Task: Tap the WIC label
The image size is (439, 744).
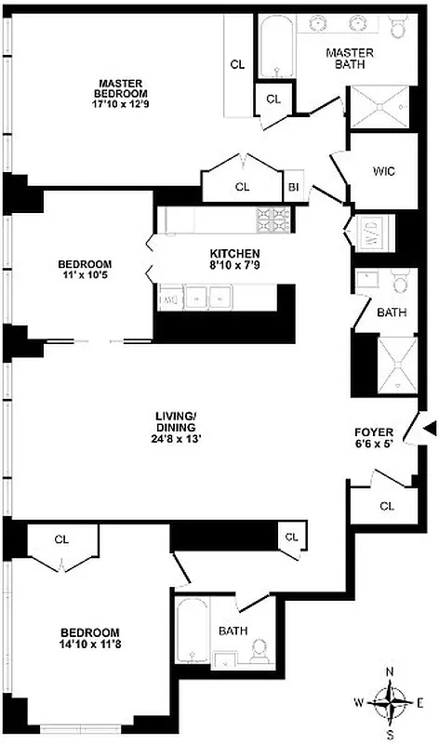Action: pyautogui.click(x=384, y=172)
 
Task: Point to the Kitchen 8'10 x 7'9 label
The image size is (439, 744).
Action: pyautogui.click(x=234, y=259)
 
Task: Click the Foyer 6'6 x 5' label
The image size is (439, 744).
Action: pyautogui.click(x=376, y=438)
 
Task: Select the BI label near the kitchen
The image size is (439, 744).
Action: pyautogui.click(x=293, y=187)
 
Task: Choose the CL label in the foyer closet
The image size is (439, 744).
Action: pyautogui.click(x=386, y=506)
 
